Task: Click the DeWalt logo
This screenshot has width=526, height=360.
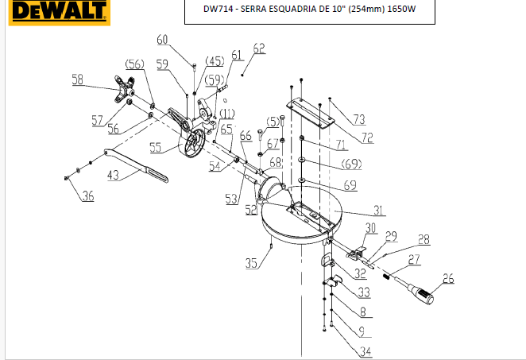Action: pos(60,12)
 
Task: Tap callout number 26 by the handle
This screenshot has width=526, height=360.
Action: pos(448,278)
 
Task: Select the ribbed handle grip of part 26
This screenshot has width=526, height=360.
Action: pos(424,296)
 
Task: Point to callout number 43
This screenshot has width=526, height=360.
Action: pos(113,175)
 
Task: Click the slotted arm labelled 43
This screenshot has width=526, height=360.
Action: pos(136,165)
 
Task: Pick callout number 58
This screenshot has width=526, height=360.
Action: pos(78,79)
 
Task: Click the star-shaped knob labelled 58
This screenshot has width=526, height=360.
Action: pos(125,89)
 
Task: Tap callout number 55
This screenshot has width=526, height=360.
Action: pos(155,147)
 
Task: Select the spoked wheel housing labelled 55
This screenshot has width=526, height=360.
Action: pos(191,143)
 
